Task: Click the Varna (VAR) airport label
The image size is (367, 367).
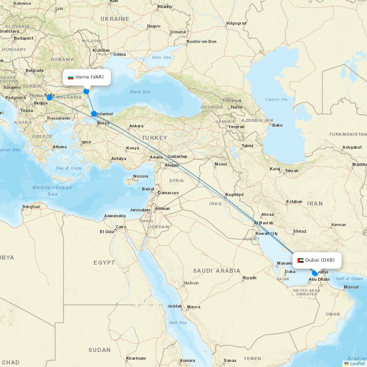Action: (90, 77)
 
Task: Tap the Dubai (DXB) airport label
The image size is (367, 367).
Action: (320, 260)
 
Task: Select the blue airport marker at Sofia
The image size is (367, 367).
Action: (50, 97)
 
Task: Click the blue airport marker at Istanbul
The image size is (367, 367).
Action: (94, 114)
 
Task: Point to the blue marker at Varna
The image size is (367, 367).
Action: (86, 91)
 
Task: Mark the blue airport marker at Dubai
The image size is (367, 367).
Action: (315, 273)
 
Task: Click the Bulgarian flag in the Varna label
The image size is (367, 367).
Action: (70, 77)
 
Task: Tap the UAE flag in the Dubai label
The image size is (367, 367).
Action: (300, 261)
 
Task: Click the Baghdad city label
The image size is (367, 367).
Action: (235, 195)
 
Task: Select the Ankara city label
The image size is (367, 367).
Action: (136, 126)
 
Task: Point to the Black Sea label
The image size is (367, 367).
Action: (140, 92)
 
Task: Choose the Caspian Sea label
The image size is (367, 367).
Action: (276, 99)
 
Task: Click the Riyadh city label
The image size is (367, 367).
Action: (250, 278)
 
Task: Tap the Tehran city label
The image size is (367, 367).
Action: (292, 171)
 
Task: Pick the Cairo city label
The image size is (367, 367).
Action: (121, 227)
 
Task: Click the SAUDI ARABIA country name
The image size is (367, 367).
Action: (217, 271)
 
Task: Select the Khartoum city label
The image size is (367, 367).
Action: (136, 358)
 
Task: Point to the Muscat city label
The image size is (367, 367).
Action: (352, 287)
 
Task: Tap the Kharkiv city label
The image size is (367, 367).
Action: (165, 7)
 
